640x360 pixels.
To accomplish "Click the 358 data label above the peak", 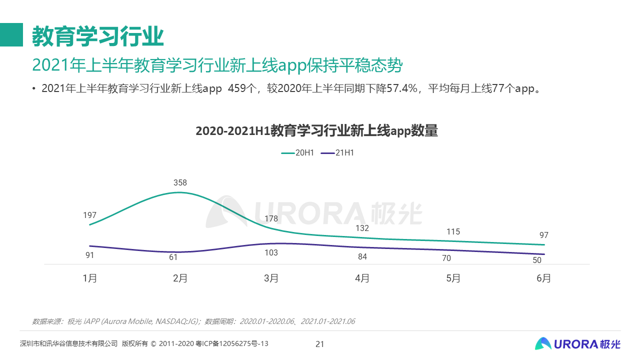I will pyautogui.click(x=180, y=183).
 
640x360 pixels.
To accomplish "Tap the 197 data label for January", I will pyautogui.click(x=90, y=215).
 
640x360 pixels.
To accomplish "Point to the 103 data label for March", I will pyautogui.click(x=271, y=253).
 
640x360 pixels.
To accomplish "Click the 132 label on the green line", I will pyautogui.click(x=362, y=228).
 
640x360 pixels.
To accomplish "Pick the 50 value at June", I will pyautogui.click(x=537, y=260).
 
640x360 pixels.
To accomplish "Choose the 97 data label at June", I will pyautogui.click(x=544, y=235).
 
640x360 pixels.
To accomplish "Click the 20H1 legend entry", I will pyautogui.click(x=298, y=153).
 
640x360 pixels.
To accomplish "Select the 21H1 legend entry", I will pyautogui.click(x=338, y=153).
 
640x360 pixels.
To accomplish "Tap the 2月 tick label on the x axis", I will pyautogui.click(x=180, y=278).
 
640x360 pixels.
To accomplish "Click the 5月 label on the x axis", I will pyautogui.click(x=453, y=278).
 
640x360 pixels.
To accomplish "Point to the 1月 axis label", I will pyautogui.click(x=90, y=278).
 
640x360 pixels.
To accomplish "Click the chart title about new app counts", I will pyautogui.click(x=316, y=131).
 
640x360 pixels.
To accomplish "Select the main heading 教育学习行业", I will pyautogui.click(x=98, y=36).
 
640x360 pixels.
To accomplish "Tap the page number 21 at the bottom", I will pyautogui.click(x=320, y=344).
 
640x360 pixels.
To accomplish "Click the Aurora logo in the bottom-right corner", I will pyautogui.click(x=577, y=343).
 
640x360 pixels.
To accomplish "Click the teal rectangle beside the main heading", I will pyautogui.click(x=11, y=35).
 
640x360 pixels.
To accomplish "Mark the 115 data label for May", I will pyautogui.click(x=453, y=232).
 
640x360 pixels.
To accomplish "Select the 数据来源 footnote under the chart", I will pyautogui.click(x=193, y=321).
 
